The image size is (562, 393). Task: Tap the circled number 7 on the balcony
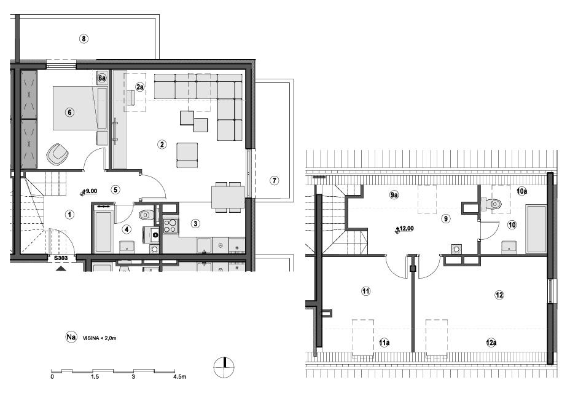(x=274, y=180)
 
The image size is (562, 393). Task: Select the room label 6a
(x=103, y=78)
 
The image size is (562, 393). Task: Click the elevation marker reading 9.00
(x=89, y=191)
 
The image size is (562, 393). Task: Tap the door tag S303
(x=60, y=258)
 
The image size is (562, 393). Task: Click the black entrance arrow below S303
(x=60, y=268)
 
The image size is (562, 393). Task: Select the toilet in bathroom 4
(x=146, y=215)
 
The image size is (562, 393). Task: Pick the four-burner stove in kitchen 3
(x=170, y=226)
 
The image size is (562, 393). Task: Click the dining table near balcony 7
(x=227, y=197)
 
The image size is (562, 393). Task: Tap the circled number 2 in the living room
(x=162, y=145)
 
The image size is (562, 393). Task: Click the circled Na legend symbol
(x=71, y=337)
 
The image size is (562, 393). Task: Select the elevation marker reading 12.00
(x=404, y=229)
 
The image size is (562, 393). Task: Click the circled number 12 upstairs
(x=499, y=295)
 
